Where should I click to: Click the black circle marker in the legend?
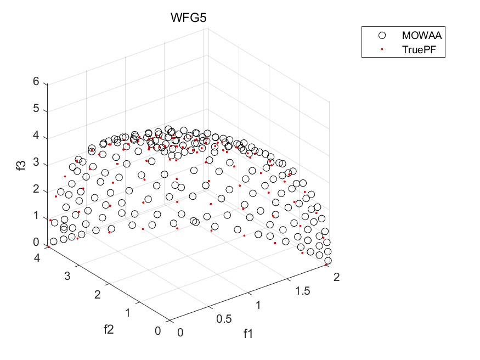click(382, 35)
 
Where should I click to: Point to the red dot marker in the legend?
click(382, 49)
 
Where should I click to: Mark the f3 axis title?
click(21, 164)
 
